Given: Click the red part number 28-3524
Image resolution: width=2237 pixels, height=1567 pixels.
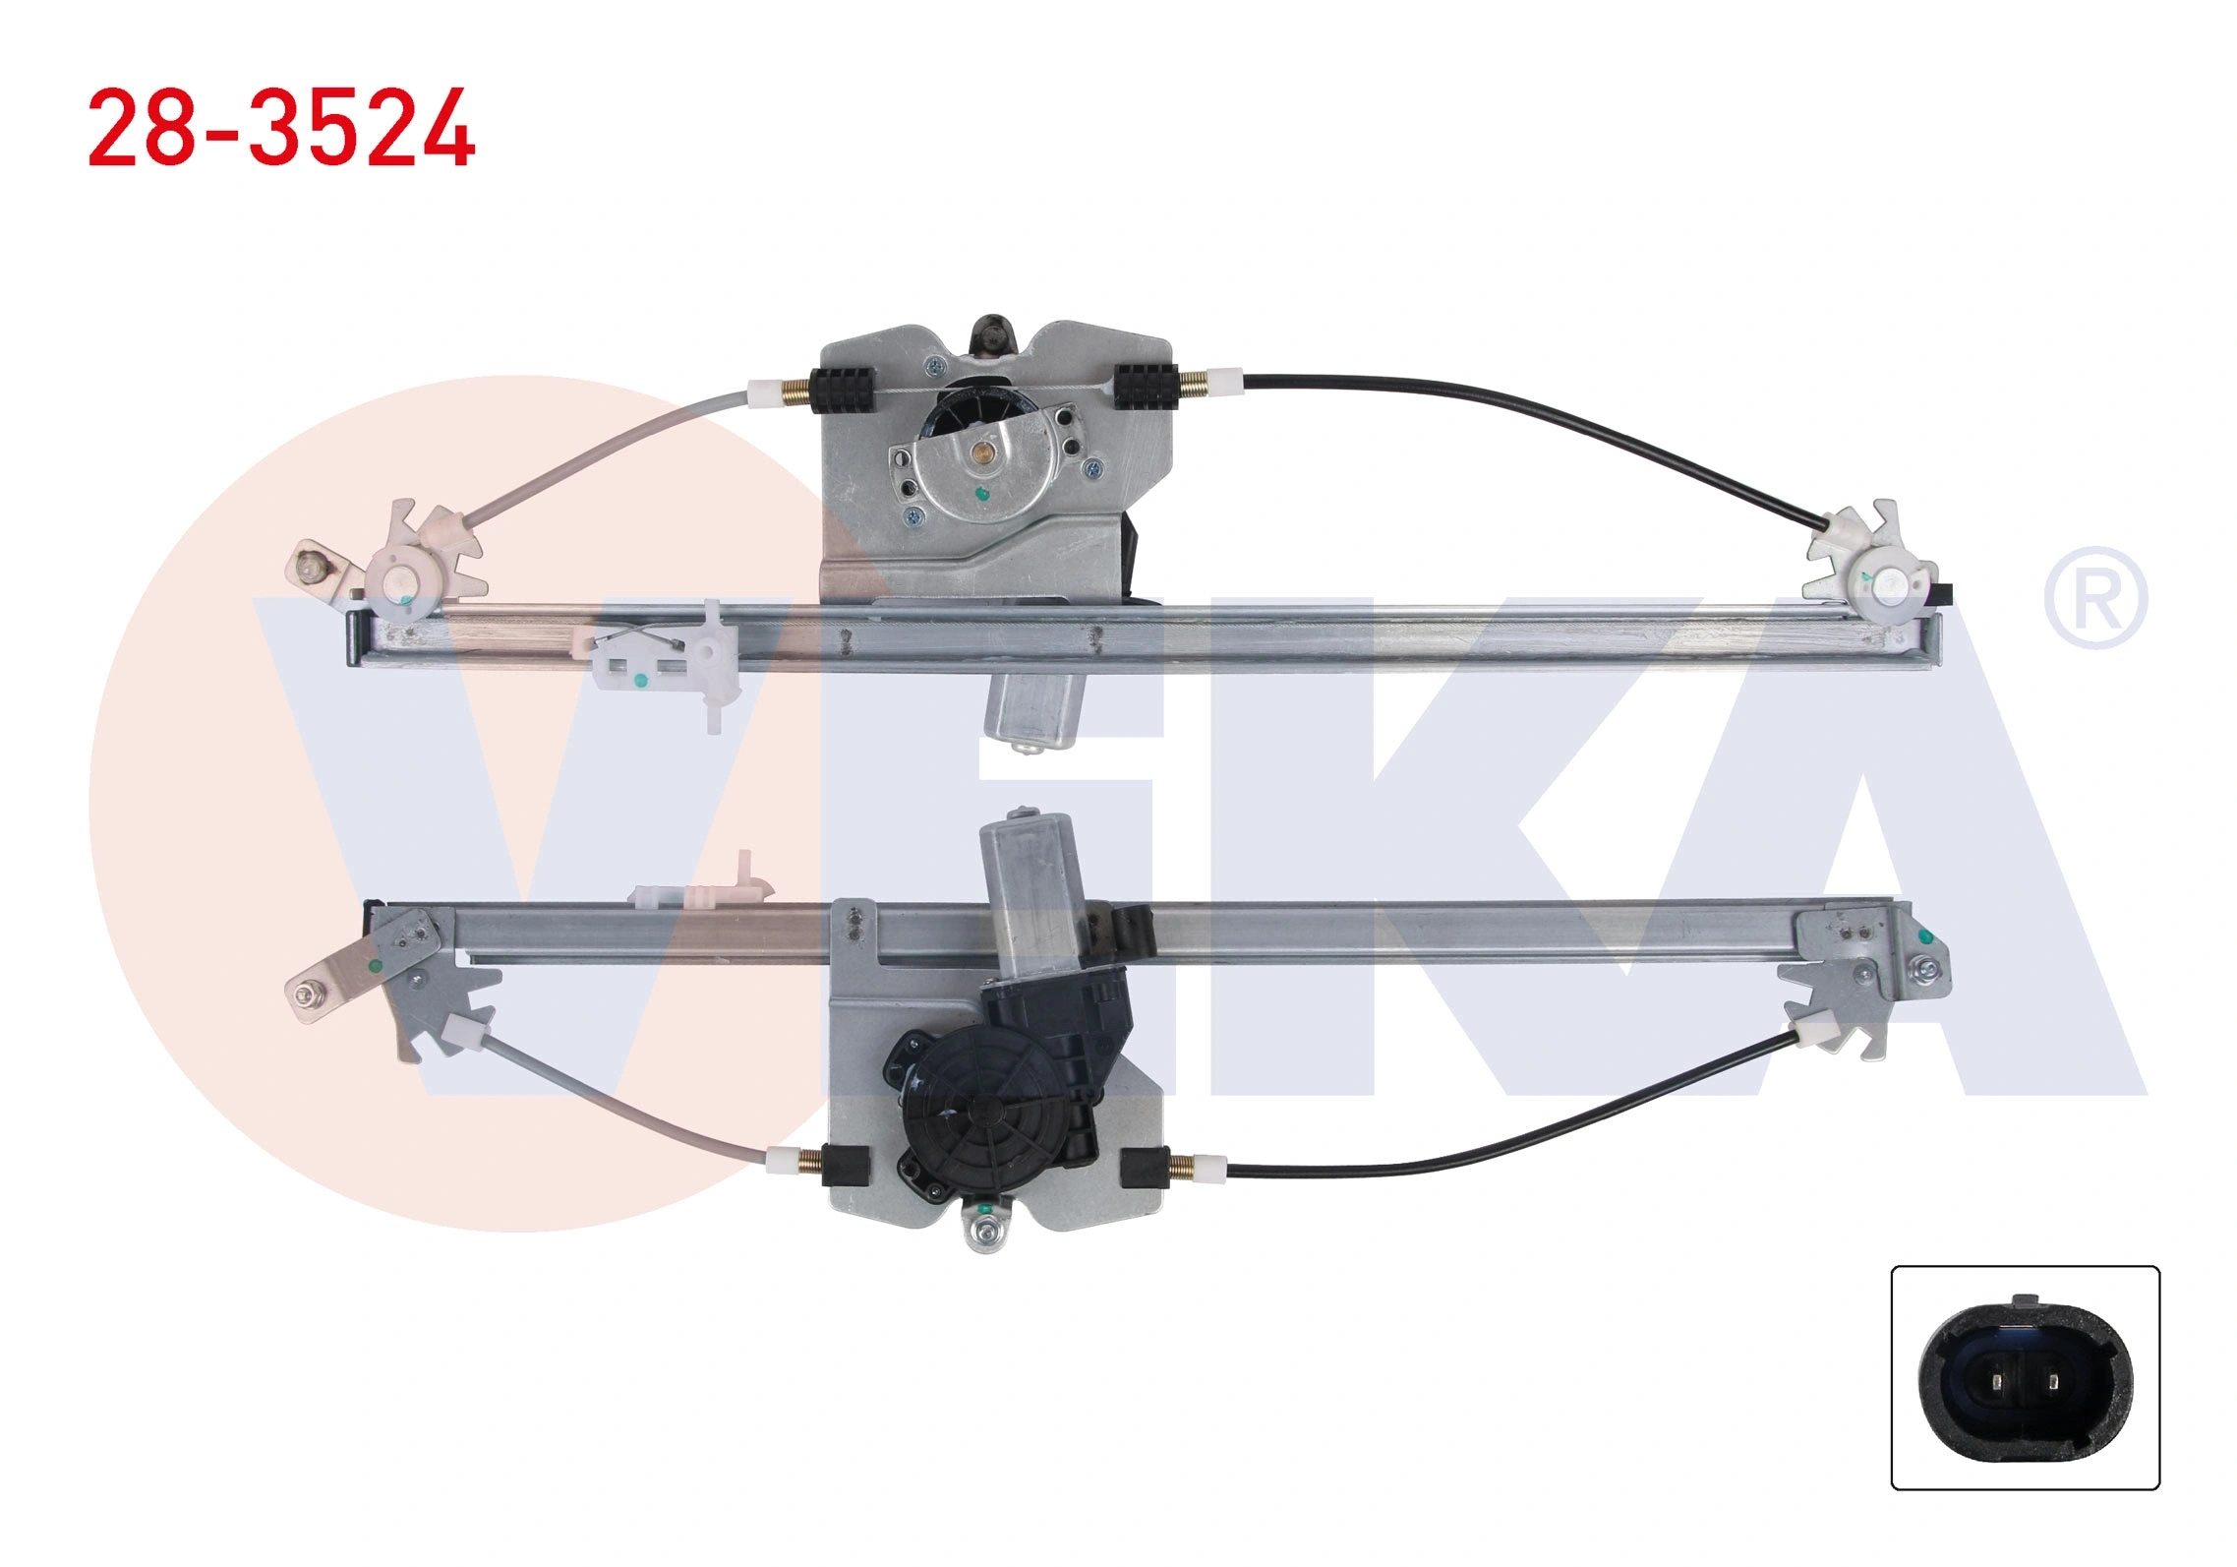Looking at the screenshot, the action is [281, 128].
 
